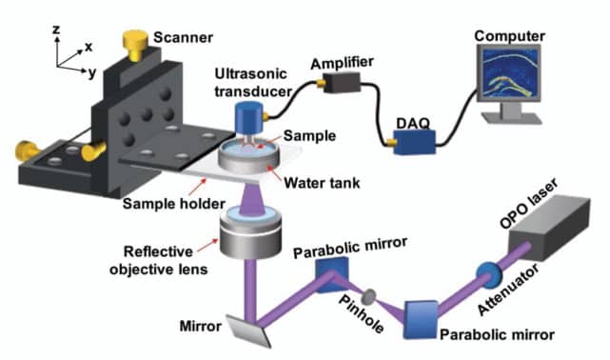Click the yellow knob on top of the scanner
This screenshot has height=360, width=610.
coord(135,43)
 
